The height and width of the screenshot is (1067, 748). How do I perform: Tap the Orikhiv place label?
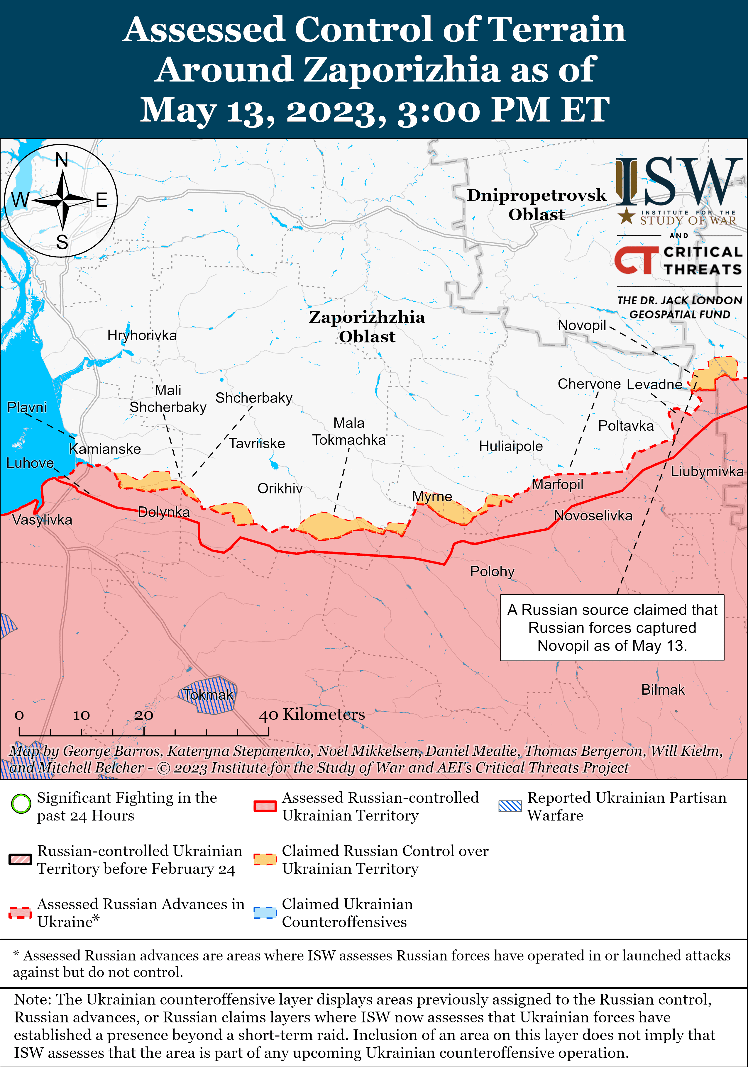[280, 488]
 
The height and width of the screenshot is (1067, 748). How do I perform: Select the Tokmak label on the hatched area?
[208, 695]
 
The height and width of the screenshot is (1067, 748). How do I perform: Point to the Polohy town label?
[492, 571]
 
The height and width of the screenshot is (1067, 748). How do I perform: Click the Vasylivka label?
[42, 520]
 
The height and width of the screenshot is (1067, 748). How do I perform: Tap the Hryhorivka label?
[142, 335]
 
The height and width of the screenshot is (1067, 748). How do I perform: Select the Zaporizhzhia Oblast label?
[367, 327]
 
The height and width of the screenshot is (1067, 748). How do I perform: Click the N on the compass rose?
[62, 160]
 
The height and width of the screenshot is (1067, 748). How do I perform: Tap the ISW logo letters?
[679, 182]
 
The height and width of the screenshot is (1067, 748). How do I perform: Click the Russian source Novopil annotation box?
[612, 627]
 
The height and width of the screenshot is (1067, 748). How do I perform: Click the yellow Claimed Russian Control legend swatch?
[265, 859]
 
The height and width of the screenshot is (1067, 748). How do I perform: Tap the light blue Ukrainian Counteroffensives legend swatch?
[265, 913]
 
